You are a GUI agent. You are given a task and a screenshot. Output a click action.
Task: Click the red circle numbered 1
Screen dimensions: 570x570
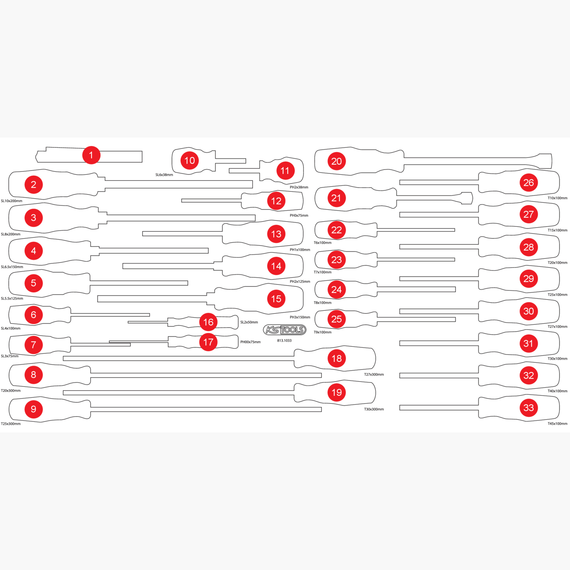[x=91, y=155]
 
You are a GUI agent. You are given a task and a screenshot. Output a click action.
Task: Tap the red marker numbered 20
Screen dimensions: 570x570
[x=337, y=161]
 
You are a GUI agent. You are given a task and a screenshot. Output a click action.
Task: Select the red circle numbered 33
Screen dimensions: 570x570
[x=529, y=408]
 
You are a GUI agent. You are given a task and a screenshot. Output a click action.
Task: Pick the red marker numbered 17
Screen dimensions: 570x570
[x=208, y=342]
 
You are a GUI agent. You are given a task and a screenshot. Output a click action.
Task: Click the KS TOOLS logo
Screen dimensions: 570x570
[x=285, y=330]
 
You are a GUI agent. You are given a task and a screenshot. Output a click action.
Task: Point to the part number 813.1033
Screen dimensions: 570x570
[x=284, y=340]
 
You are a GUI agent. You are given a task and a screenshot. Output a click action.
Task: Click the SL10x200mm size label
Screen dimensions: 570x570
[x=11, y=201]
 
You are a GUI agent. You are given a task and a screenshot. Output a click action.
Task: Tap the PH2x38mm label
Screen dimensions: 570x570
[x=299, y=187]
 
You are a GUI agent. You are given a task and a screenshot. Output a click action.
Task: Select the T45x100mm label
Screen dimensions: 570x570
[x=557, y=424]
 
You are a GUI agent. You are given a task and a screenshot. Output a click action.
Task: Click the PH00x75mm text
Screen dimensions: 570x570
[x=250, y=342]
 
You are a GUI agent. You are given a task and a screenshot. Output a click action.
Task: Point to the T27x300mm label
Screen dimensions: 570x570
[x=374, y=375]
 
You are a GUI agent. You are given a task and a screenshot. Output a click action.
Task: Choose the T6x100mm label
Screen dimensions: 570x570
[x=323, y=243]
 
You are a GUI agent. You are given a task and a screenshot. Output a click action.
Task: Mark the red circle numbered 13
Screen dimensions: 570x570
[x=276, y=234]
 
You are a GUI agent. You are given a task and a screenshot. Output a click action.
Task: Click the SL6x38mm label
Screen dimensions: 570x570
[x=164, y=175]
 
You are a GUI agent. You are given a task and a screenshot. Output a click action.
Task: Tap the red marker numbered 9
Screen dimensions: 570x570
[x=33, y=409]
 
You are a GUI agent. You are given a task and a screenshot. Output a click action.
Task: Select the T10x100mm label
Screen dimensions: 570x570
[x=557, y=198]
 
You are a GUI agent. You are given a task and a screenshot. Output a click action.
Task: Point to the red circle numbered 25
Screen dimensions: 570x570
[x=337, y=319]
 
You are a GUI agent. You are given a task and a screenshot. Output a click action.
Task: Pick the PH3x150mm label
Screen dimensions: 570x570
[x=300, y=317]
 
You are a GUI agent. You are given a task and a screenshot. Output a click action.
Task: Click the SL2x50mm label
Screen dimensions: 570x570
[x=249, y=322]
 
